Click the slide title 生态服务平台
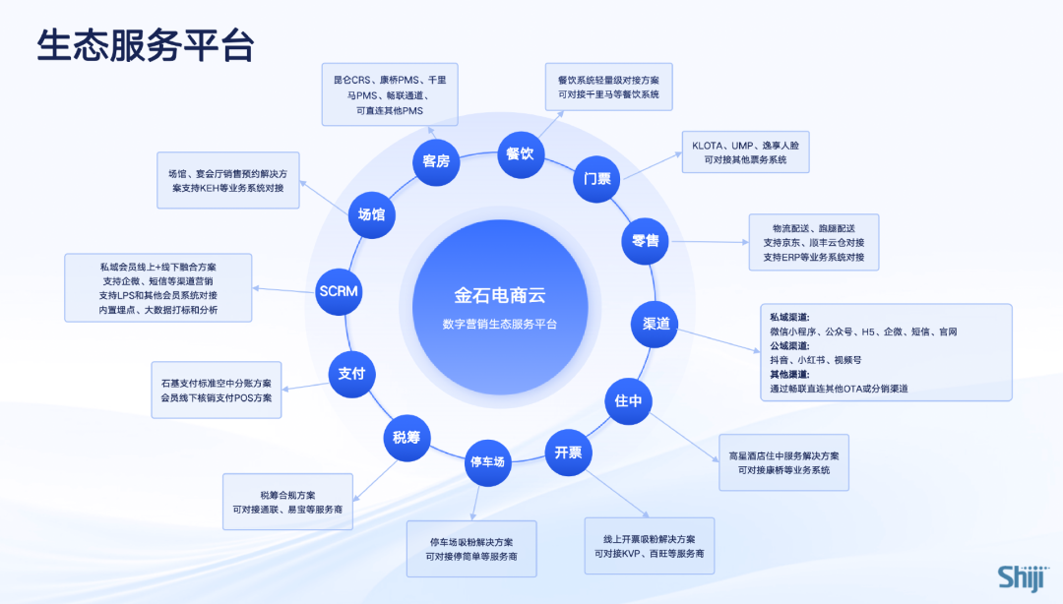pos(146,46)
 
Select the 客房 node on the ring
pos(436,160)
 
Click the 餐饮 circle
pos(520,153)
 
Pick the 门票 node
pos(597,179)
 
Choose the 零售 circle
pos(645,240)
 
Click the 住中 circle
pos(628,400)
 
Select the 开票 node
pos(568,453)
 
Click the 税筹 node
pos(406,438)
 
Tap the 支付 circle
pos(351,374)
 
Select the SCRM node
pos(339,291)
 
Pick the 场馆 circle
pos(371,213)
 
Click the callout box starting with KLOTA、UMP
pos(745,151)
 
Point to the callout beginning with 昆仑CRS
pos(390,94)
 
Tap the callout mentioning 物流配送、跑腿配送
pos(813,242)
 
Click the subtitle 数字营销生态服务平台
pos(499,324)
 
